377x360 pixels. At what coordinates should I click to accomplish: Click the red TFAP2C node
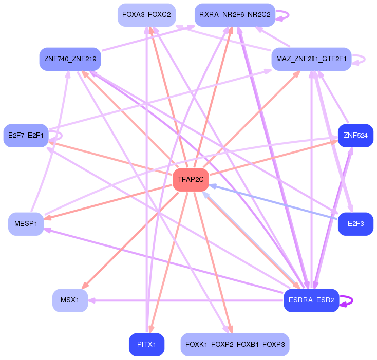[x=191, y=179]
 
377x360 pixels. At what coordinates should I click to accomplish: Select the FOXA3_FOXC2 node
[x=146, y=14]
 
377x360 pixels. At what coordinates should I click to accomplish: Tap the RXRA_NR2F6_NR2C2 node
[x=235, y=14]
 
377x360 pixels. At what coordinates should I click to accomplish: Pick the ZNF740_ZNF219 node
[x=70, y=59]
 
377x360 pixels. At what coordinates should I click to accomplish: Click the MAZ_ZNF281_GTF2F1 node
[x=311, y=59]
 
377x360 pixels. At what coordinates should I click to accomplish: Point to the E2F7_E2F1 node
[x=26, y=136]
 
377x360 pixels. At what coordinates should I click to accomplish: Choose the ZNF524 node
[x=355, y=136]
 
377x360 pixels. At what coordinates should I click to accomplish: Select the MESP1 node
[x=26, y=224]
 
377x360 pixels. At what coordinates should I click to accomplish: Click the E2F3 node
[x=355, y=224]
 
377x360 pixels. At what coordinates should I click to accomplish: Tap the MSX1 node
[x=70, y=300]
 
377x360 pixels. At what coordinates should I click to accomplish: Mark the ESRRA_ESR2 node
[x=311, y=300]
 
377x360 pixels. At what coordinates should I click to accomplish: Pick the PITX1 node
[x=146, y=344]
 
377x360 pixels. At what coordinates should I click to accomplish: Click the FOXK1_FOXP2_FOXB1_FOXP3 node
[x=235, y=344]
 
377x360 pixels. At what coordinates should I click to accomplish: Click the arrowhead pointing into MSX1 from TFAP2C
[x=86, y=286]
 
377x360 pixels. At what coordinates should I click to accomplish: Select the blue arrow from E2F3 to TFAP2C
[x=272, y=202]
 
